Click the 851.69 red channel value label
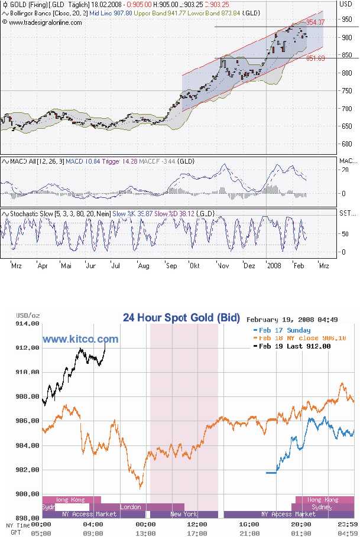315,58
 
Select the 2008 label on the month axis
273,266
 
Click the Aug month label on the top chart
143,266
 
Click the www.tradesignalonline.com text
45,22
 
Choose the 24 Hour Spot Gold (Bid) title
181,318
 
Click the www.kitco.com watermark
80,339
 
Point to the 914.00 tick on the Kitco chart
27,324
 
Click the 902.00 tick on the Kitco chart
27,470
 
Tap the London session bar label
130,507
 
